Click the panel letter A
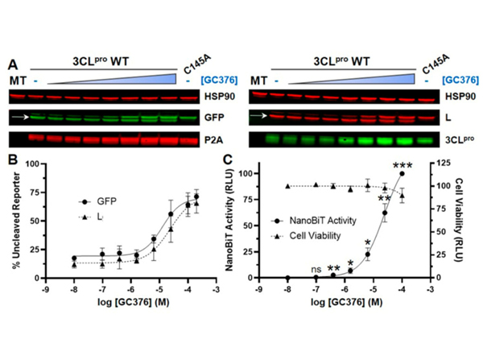tap(14, 63)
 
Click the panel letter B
tap(14, 159)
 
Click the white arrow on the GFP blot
tap(19, 118)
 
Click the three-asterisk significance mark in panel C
tap(402, 166)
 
